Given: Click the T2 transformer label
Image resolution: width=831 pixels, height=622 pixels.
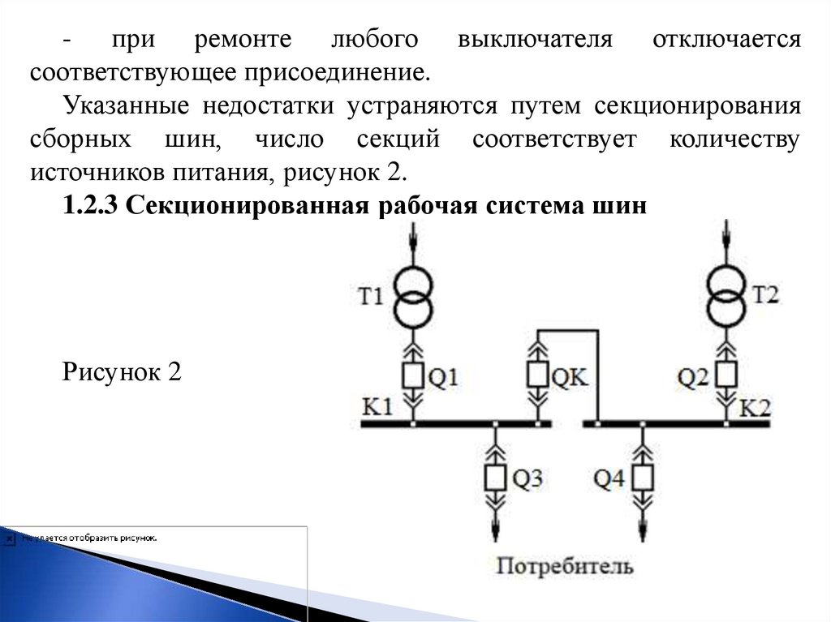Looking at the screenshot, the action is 764,294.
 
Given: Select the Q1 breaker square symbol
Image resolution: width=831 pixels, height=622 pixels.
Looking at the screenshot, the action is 413,375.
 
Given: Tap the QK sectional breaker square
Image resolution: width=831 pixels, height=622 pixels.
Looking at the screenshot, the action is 536,375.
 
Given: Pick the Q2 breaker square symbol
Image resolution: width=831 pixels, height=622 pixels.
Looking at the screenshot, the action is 726,375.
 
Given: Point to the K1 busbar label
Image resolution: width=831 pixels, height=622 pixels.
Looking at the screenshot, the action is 377,407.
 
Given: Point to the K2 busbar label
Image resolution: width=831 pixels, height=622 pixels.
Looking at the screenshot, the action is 755,407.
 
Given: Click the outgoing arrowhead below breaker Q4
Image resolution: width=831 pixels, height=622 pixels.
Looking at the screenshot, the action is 644,529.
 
